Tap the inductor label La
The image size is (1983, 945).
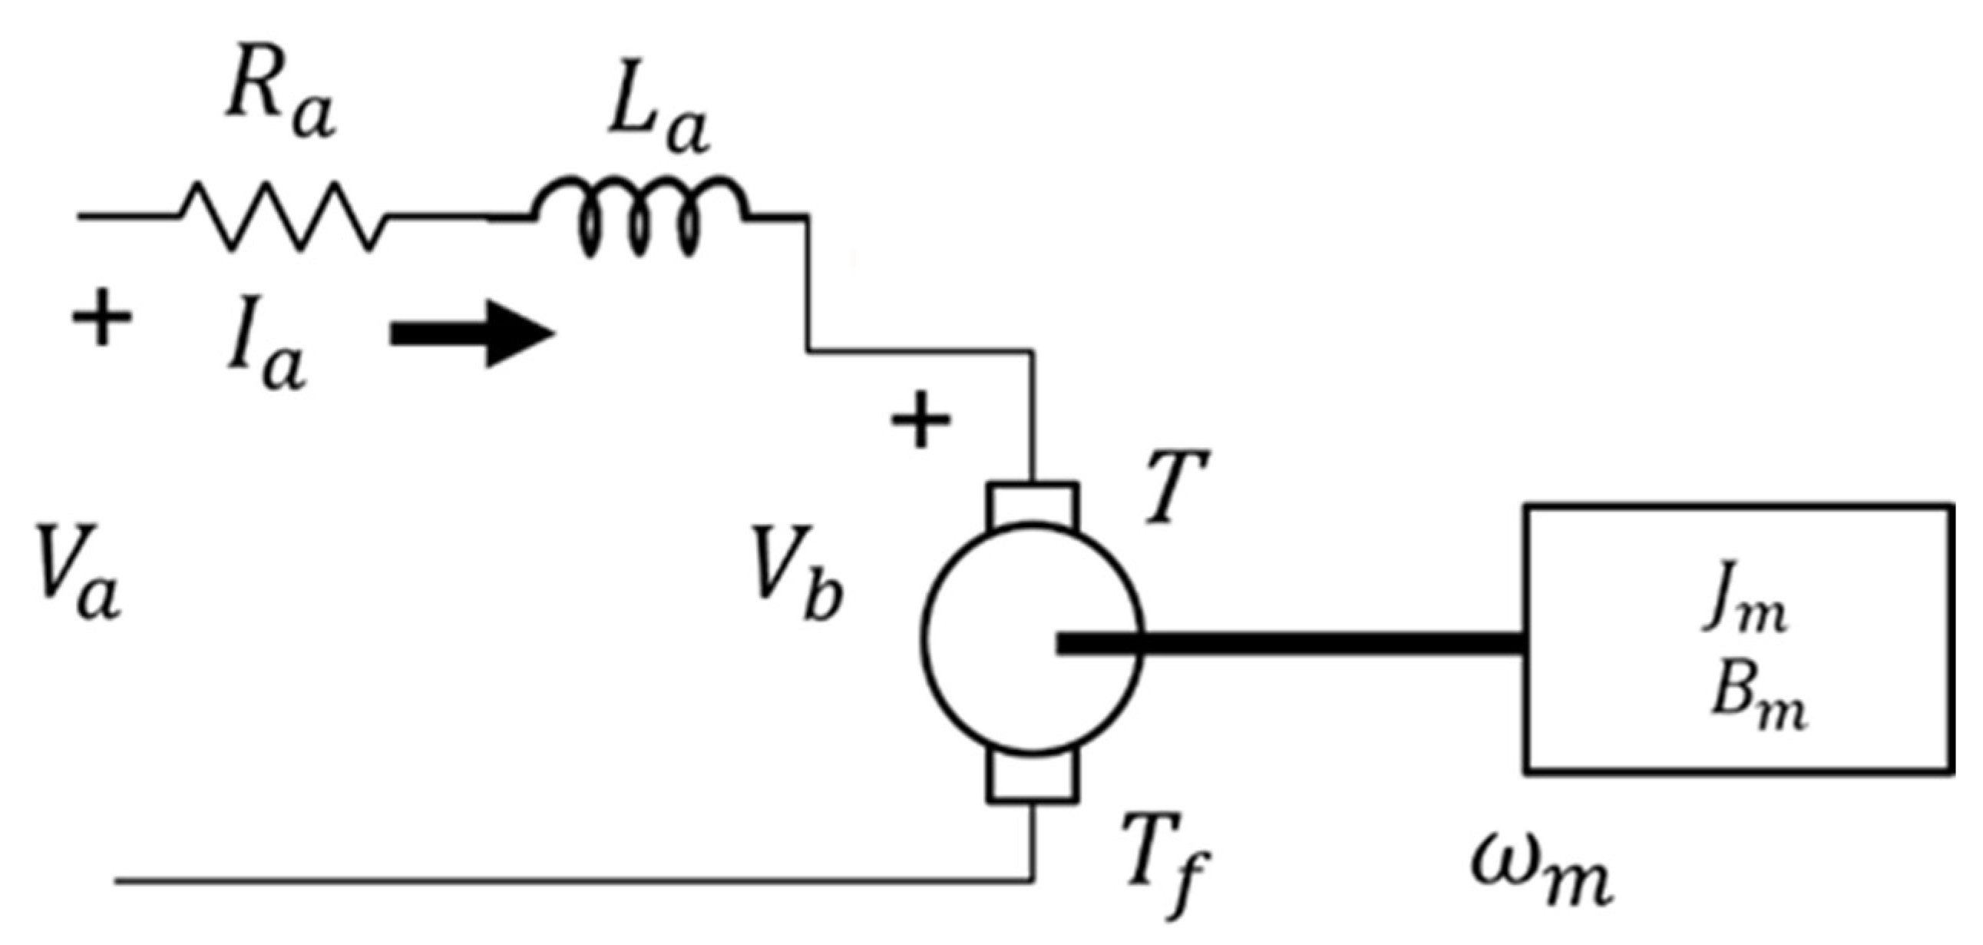(659, 123)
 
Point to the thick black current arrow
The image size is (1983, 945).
(471, 334)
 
